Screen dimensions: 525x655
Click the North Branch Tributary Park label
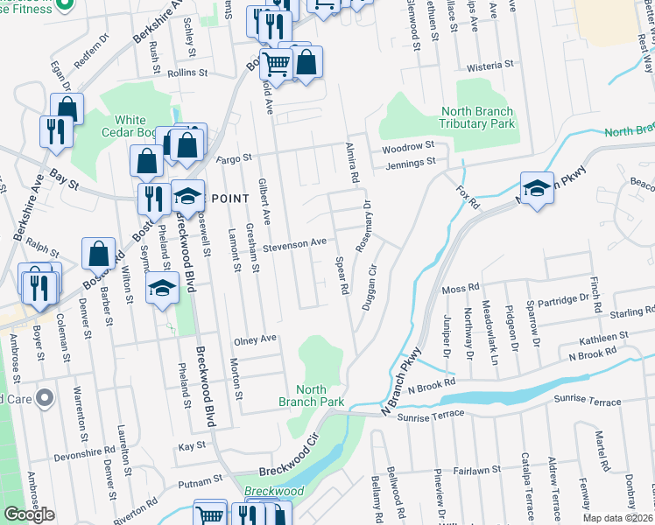[x=476, y=117]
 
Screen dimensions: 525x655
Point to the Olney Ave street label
[x=254, y=339]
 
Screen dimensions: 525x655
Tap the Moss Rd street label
[x=461, y=287]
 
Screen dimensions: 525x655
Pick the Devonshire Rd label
[x=85, y=458]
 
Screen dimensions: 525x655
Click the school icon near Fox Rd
[x=537, y=187]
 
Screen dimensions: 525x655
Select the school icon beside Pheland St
[x=162, y=289]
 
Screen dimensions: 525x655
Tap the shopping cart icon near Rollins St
[x=277, y=63]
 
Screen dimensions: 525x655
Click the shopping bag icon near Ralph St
[x=99, y=254]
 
